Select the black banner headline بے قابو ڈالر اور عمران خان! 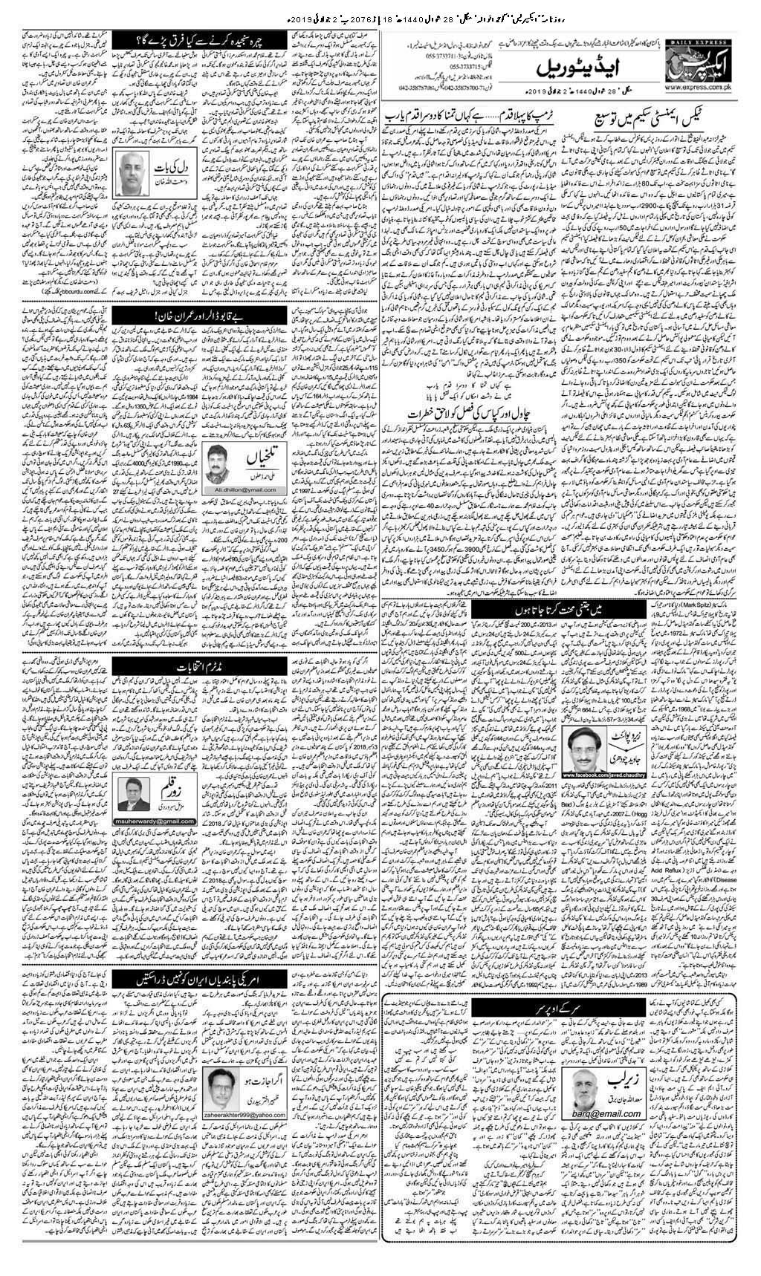coord(181,317)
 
